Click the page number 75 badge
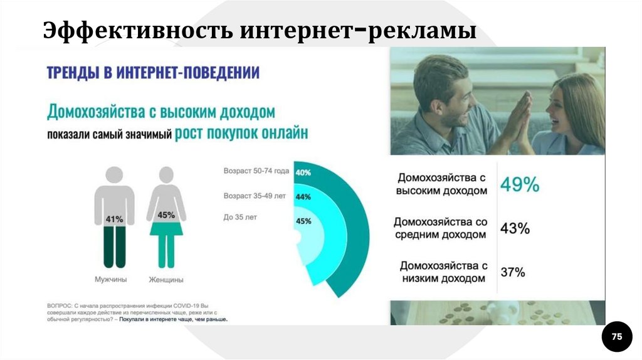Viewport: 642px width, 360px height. (x=617, y=337)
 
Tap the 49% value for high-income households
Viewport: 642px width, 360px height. (x=519, y=184)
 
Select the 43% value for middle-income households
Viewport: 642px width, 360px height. (x=515, y=228)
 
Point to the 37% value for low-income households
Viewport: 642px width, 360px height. (x=513, y=272)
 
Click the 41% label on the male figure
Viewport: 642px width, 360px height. (x=114, y=220)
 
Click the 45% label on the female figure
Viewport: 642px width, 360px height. (x=166, y=214)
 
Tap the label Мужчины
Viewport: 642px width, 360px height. (x=111, y=280)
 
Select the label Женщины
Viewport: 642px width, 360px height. (x=166, y=280)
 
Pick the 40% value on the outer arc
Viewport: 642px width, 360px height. (x=303, y=172)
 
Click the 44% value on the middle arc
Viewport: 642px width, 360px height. (x=303, y=197)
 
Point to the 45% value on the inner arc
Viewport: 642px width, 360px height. (x=303, y=221)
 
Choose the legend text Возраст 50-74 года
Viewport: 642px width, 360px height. (x=256, y=171)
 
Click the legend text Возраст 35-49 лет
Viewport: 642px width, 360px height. (x=255, y=196)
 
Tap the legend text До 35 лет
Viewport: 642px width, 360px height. (x=241, y=217)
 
